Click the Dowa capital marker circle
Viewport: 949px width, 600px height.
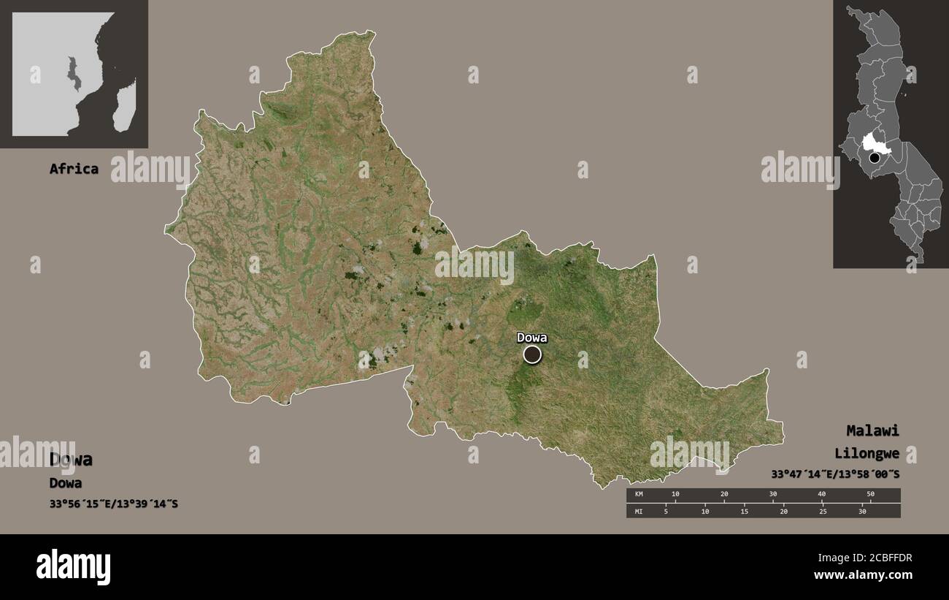pyautogui.click(x=532, y=354)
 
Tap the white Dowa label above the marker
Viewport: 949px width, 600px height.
pyautogui.click(x=531, y=337)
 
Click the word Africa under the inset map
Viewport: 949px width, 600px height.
pyautogui.click(x=74, y=169)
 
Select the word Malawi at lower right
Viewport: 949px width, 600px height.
pyautogui.click(x=872, y=430)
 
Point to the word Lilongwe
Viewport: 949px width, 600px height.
pyautogui.click(x=867, y=453)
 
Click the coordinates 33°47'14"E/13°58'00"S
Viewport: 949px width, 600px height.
pyautogui.click(x=835, y=474)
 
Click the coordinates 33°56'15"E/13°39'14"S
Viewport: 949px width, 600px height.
pyautogui.click(x=113, y=504)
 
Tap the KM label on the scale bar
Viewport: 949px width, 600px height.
pyautogui.click(x=639, y=495)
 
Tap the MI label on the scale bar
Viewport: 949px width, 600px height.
pyautogui.click(x=639, y=511)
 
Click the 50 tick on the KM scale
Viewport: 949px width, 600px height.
pyautogui.click(x=870, y=495)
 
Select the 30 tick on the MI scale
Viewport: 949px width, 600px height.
pyautogui.click(x=862, y=511)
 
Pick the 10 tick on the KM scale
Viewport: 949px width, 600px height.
pyautogui.click(x=675, y=495)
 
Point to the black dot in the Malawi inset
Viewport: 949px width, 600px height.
pyautogui.click(x=874, y=157)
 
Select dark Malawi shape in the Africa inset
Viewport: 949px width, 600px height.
pyautogui.click(x=73, y=73)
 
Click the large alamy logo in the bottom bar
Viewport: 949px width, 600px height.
pyautogui.click(x=73, y=566)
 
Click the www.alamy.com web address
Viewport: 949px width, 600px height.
pyautogui.click(x=863, y=576)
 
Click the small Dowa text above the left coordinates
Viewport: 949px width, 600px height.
pyautogui.click(x=66, y=483)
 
